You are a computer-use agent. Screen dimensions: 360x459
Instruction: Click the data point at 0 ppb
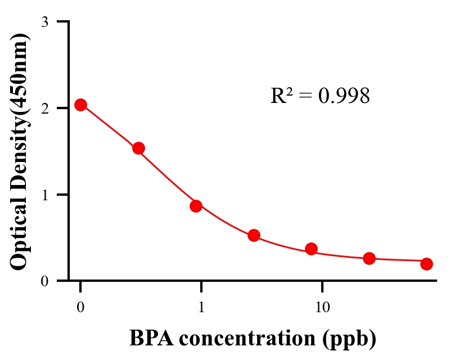pos(80,105)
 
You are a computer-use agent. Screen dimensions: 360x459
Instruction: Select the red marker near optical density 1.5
pos(138,148)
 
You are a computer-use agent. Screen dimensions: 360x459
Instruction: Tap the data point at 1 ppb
pos(196,206)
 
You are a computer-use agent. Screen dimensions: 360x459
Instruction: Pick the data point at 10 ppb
pos(311,249)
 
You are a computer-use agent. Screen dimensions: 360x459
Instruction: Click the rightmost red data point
pos(426,264)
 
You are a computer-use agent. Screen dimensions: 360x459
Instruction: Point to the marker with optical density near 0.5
pos(254,235)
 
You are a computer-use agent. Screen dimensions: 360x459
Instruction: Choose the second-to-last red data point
pos(369,258)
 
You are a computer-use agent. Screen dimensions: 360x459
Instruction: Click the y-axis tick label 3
pos(44,22)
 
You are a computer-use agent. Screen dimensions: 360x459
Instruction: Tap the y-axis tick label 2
pos(44,109)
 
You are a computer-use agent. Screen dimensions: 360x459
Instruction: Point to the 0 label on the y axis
pos(44,281)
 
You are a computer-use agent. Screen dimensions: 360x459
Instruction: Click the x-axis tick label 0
pos(80,308)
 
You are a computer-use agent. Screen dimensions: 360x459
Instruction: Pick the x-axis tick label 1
pos(201,308)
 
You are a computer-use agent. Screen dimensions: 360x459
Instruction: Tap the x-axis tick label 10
pos(322,308)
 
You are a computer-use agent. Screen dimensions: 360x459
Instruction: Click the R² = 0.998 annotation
pos(319,96)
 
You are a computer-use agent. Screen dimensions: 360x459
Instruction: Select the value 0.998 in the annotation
pos(344,96)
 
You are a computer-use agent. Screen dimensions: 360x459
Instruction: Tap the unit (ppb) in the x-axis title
pos(349,339)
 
